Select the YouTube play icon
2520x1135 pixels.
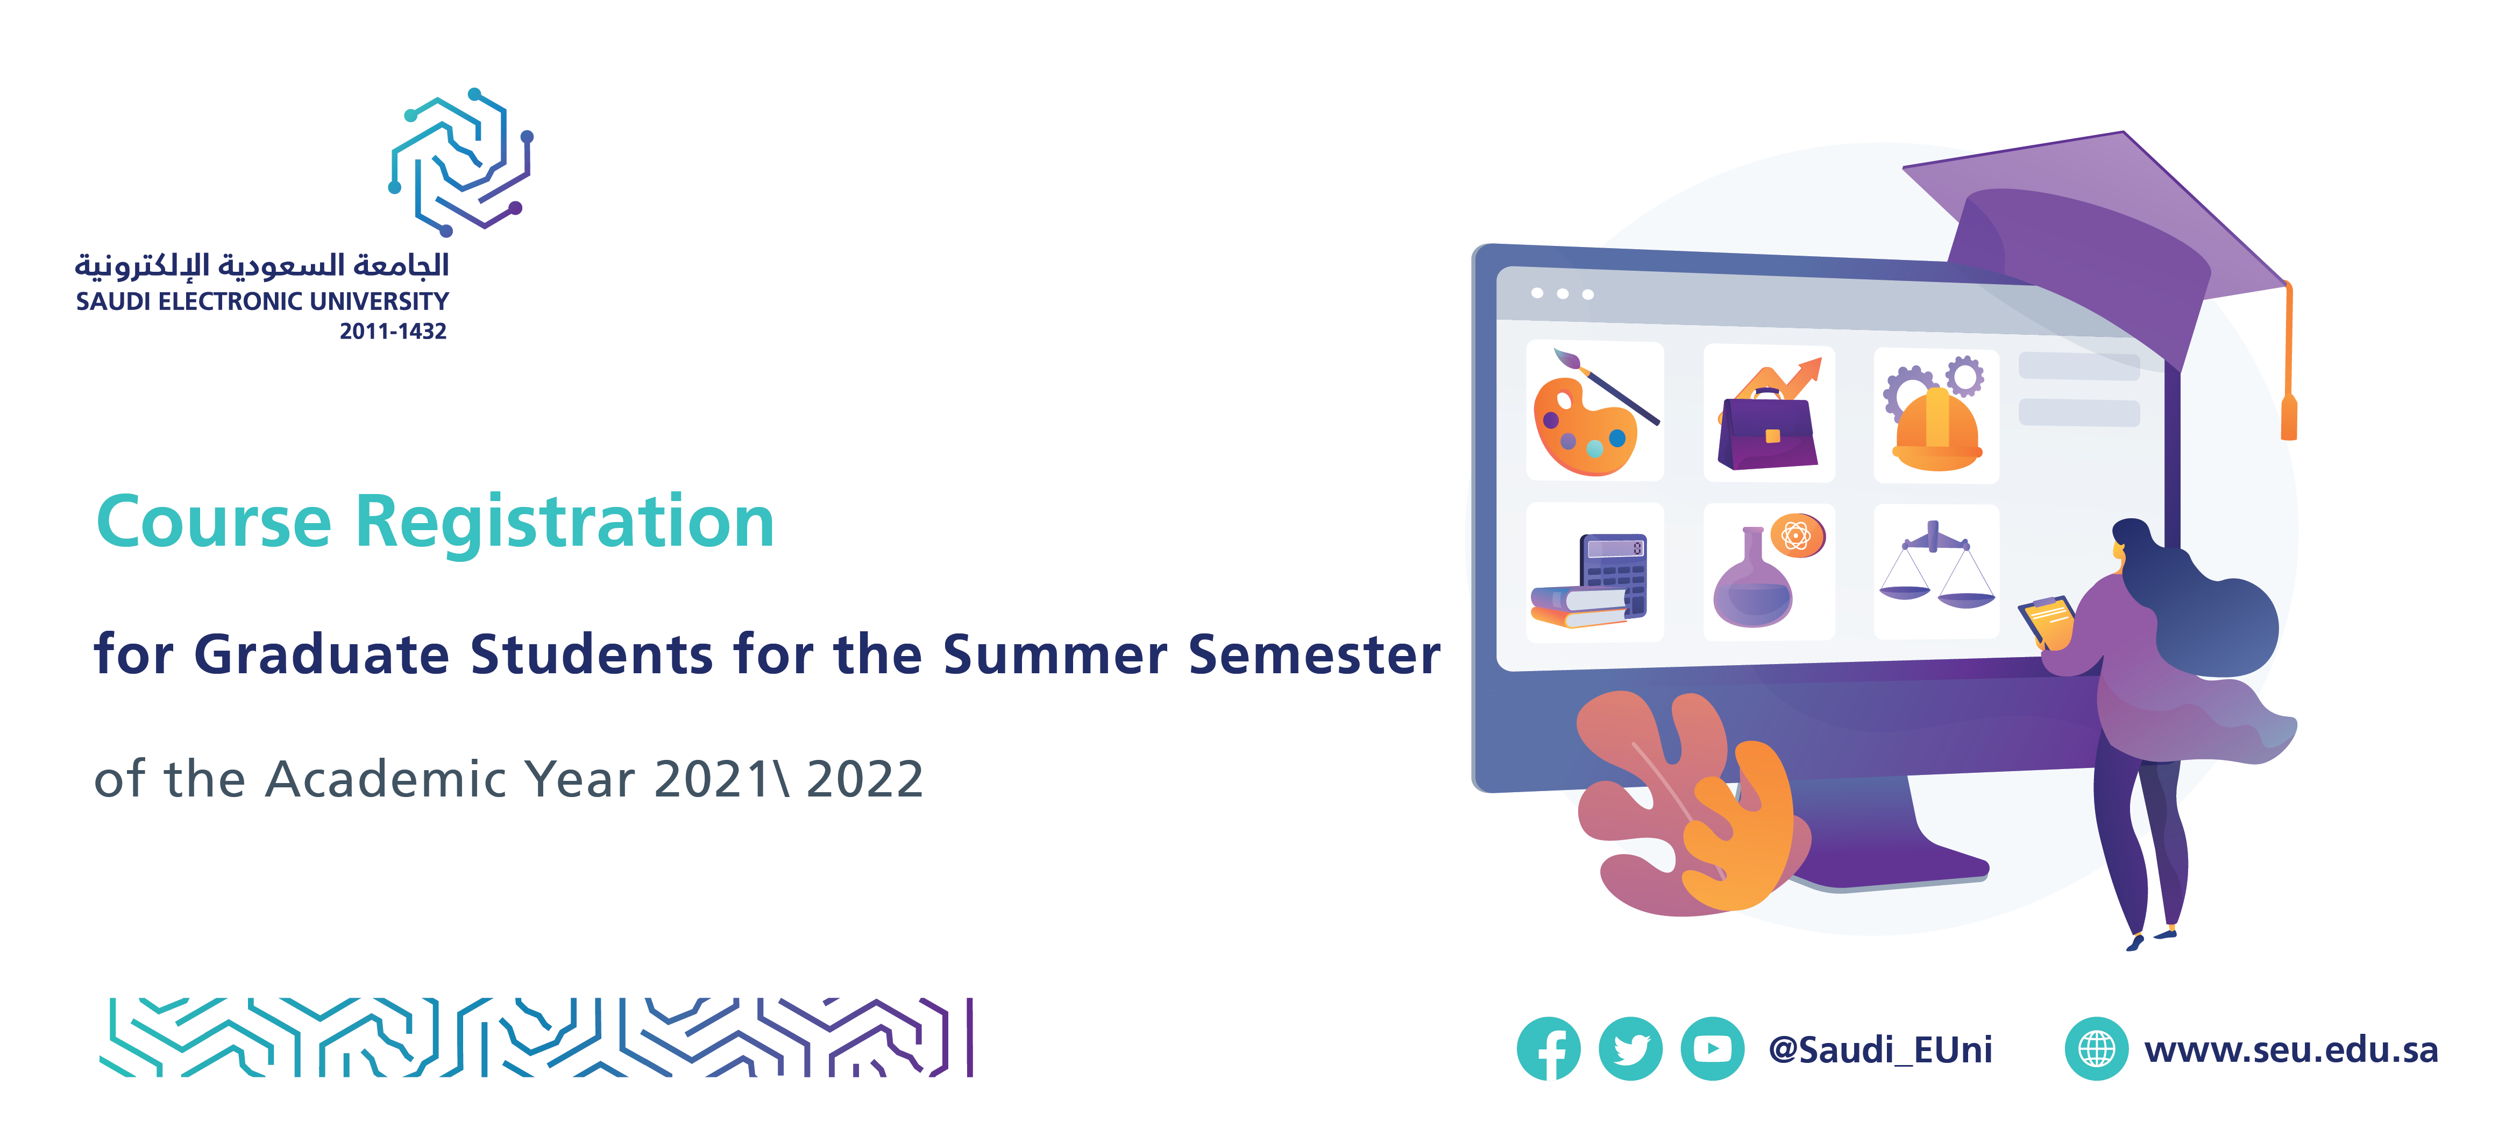coord(1712,1049)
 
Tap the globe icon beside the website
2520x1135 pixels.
coord(2096,1049)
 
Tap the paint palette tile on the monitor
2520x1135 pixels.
coord(1594,411)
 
